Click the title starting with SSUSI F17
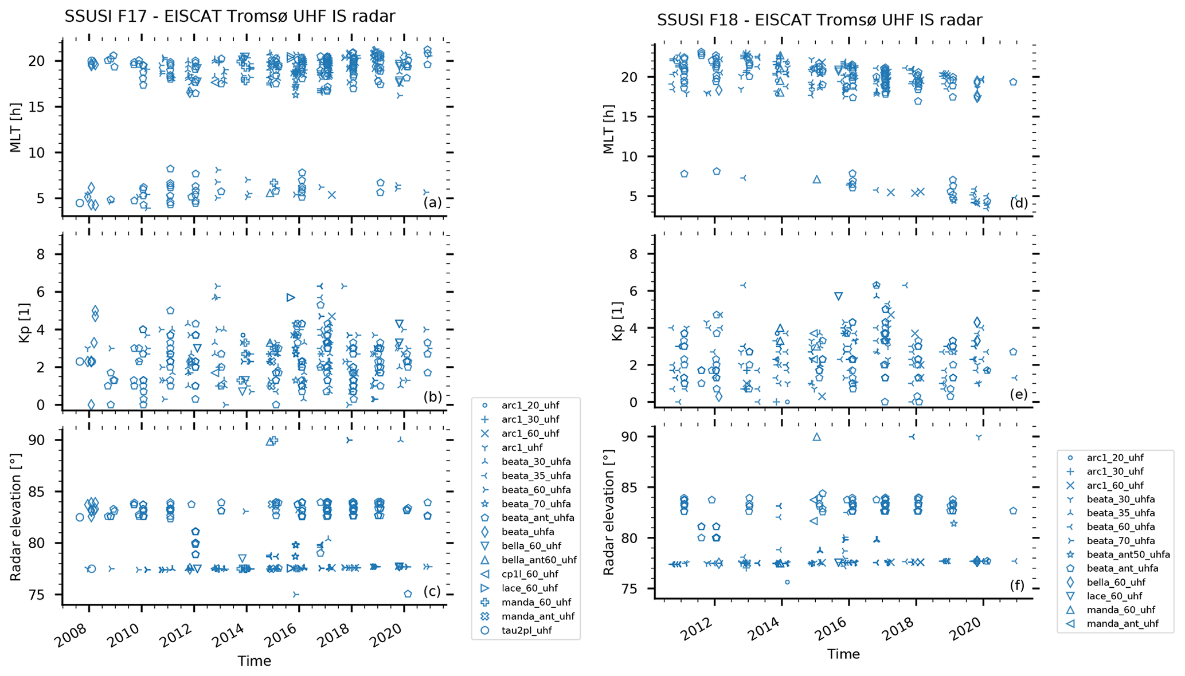(229, 17)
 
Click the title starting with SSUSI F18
(819, 20)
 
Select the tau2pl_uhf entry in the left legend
(526, 631)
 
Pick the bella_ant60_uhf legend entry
(538, 560)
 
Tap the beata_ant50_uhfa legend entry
(1128, 555)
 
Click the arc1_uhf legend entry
(521, 447)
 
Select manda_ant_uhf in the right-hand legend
(1122, 624)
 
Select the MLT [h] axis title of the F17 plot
(15, 129)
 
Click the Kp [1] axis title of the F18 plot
(617, 319)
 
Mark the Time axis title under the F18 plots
(843, 654)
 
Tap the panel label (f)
(1018, 585)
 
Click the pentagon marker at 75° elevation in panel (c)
(408, 594)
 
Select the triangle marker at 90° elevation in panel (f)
(817, 437)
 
